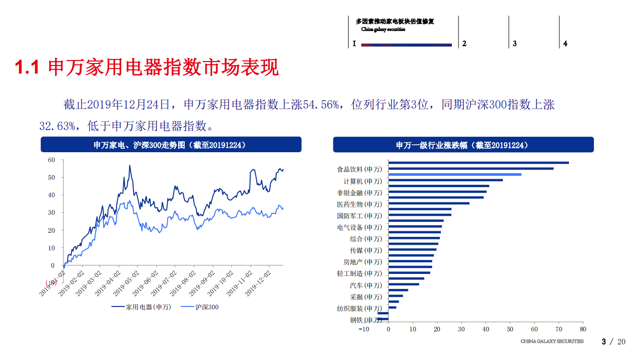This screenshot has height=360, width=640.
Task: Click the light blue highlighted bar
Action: pyautogui.click(x=454, y=174)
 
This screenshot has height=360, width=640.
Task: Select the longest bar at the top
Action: pyautogui.click(x=478, y=163)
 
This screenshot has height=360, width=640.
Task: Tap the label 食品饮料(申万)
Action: pyautogui.click(x=359, y=170)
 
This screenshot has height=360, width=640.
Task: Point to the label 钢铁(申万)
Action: pyautogui.click(x=365, y=320)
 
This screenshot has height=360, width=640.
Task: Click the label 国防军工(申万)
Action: pyautogui.click(x=359, y=216)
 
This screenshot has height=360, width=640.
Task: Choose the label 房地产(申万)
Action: pyautogui.click(x=362, y=262)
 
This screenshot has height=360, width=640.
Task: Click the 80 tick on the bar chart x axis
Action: pyautogui.click(x=582, y=329)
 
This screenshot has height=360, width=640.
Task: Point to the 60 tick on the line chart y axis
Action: pyautogui.click(x=51, y=160)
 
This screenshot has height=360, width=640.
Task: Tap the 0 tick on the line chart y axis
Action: pyautogui.click(x=53, y=265)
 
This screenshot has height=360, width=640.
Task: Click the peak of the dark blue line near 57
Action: pyautogui.click(x=130, y=166)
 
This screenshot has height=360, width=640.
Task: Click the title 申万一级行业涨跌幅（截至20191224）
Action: pyautogui.click(x=463, y=145)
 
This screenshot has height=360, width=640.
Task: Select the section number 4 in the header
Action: pyautogui.click(x=565, y=44)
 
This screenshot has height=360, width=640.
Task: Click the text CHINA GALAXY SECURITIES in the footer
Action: pyautogui.click(x=552, y=341)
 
